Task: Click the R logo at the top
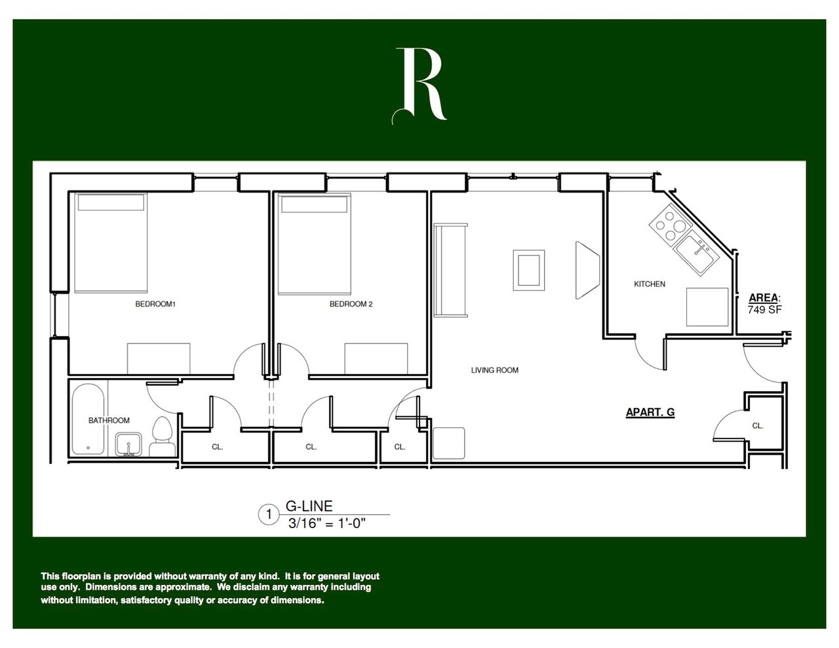[x=420, y=85]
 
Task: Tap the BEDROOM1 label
[x=156, y=304]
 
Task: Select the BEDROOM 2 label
[x=351, y=304]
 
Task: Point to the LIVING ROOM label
[x=495, y=370]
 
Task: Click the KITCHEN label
[x=650, y=284]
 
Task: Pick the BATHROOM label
[x=109, y=421]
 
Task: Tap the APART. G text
[x=650, y=412]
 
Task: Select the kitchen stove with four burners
[x=670, y=224]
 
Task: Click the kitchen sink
[x=695, y=253]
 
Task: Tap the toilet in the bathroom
[x=161, y=436]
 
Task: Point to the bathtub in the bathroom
[x=87, y=420]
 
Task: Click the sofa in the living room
[x=451, y=270]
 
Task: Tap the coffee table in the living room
[x=528, y=269]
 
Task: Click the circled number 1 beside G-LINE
[x=268, y=514]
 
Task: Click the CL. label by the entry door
[x=758, y=426]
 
